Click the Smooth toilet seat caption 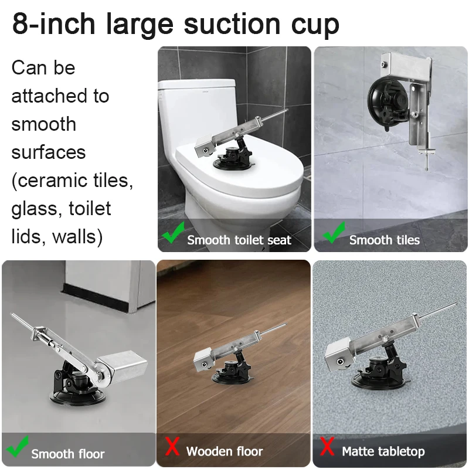click(239, 240)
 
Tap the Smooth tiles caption click(385, 240)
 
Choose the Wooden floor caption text click(225, 451)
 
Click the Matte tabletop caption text click(383, 451)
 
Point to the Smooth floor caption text click(67, 454)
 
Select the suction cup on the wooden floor click(232, 373)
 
